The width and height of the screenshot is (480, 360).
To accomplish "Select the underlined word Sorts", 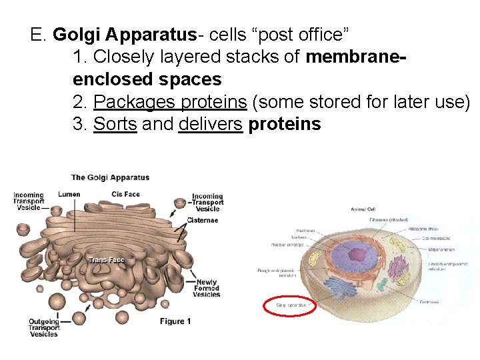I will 115,124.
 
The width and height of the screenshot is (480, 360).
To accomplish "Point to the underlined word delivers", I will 210,124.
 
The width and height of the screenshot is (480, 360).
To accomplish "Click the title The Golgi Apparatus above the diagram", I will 110,177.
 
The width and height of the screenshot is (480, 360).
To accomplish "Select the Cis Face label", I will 125,195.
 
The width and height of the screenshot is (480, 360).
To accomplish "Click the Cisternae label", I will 202,220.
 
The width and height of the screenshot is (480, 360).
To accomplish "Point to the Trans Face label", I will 107,260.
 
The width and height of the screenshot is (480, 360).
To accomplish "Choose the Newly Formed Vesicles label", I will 207,288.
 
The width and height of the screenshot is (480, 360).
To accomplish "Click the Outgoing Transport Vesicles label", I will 44,328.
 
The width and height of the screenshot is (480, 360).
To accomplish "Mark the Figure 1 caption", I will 175,321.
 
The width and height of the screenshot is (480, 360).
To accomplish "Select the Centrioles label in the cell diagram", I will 429,302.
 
